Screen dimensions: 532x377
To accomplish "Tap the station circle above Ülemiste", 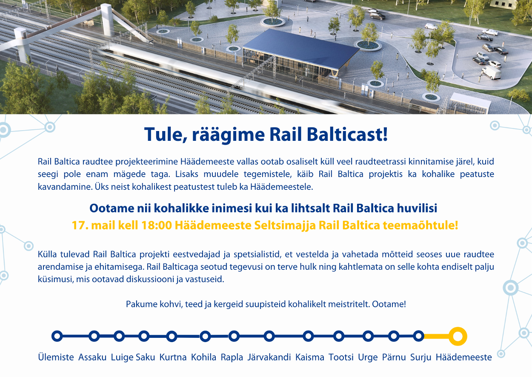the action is pyautogui.click(x=57, y=331).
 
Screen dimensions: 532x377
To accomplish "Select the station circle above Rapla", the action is pyautogui.click(x=234, y=331).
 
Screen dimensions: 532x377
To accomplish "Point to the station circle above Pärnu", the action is pyautogui.click(x=394, y=331).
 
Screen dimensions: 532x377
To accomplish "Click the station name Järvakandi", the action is pyautogui.click(x=269, y=357).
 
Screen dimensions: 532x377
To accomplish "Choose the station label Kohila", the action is pyautogui.click(x=203, y=357).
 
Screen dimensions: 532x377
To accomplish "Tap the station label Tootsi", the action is pyautogui.click(x=341, y=357).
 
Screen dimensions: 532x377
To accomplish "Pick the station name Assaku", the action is pyautogui.click(x=92, y=357).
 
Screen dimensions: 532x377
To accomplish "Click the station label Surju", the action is pyautogui.click(x=420, y=357).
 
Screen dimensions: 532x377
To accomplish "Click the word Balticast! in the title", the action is pyautogui.click(x=347, y=134).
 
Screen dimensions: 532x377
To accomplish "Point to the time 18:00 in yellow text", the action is pyautogui.click(x=156, y=225).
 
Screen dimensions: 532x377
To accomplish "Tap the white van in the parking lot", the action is pyautogui.click(x=492, y=72).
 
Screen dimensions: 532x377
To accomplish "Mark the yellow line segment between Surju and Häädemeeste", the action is pyautogui.click(x=437, y=337).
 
